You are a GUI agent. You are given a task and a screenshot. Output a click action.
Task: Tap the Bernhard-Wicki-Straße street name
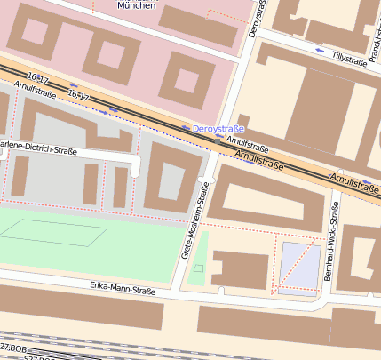[331, 242]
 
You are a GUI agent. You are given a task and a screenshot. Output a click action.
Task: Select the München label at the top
[137, 4]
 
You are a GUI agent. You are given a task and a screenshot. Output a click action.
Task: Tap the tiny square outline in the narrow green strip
[199, 268]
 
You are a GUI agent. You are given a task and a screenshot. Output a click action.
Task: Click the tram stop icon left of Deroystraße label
[186, 128]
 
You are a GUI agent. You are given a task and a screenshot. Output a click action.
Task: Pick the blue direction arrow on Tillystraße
[320, 51]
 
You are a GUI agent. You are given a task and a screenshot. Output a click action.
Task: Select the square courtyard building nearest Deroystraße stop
[187, 79]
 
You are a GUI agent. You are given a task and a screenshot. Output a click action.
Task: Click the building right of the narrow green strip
[239, 269]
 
